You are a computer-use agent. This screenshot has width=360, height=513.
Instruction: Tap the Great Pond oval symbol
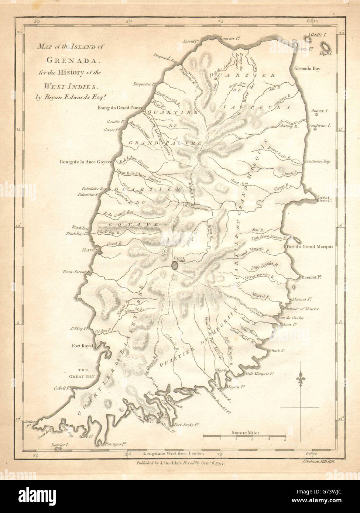pyautogui.click(x=174, y=265)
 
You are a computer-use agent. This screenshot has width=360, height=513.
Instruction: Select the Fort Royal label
pyautogui.click(x=82, y=346)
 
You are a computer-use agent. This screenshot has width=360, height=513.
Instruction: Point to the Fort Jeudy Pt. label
pyautogui.click(x=187, y=424)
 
